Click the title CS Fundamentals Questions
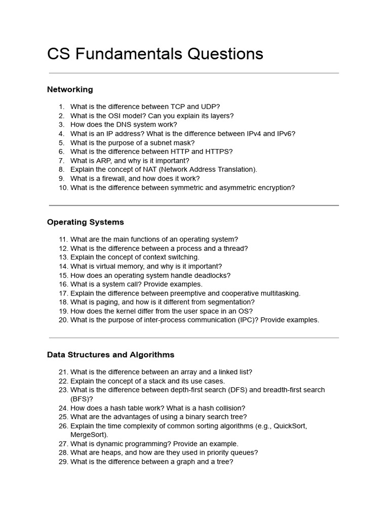pos(155,54)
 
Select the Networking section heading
pos(70,90)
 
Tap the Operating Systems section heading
pos(85,223)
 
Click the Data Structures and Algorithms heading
pos(110,355)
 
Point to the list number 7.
pos(61,161)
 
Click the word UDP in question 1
pos(210,107)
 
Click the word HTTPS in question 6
pos(219,152)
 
